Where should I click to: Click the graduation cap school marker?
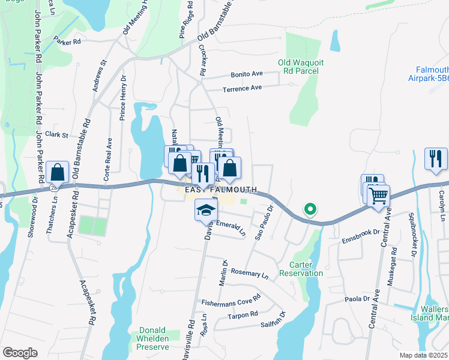[x=205, y=210]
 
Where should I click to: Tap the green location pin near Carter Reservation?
[x=310, y=209]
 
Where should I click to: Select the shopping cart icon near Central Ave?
[x=378, y=195]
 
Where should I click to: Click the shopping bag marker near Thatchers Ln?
[x=58, y=173]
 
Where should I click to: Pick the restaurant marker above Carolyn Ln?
[x=436, y=158]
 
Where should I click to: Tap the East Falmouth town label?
[x=217, y=190]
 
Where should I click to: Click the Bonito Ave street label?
[x=247, y=74]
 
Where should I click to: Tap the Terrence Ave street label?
[x=243, y=88]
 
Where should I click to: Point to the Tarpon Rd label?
[x=245, y=314]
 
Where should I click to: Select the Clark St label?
[x=58, y=135]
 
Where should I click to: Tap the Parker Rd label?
[x=67, y=42]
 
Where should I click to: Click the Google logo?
[x=20, y=353]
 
